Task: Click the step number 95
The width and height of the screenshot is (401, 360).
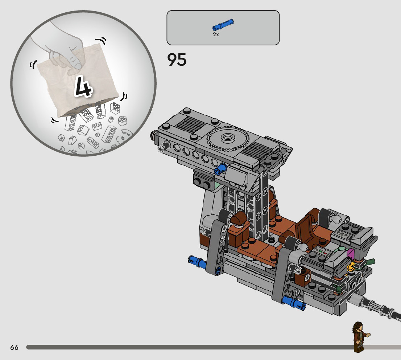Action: tap(177, 60)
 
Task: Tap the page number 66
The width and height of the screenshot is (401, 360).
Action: tap(15, 347)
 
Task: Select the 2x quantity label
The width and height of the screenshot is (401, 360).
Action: tap(216, 34)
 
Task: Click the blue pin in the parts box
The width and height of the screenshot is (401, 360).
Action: tap(223, 25)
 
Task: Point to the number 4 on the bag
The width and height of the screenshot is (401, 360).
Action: tap(83, 86)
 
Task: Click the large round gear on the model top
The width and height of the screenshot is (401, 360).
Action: tap(227, 139)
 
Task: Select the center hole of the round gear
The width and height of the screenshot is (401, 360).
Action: tap(227, 138)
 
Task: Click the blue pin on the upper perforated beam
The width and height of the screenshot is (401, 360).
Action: tap(220, 168)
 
